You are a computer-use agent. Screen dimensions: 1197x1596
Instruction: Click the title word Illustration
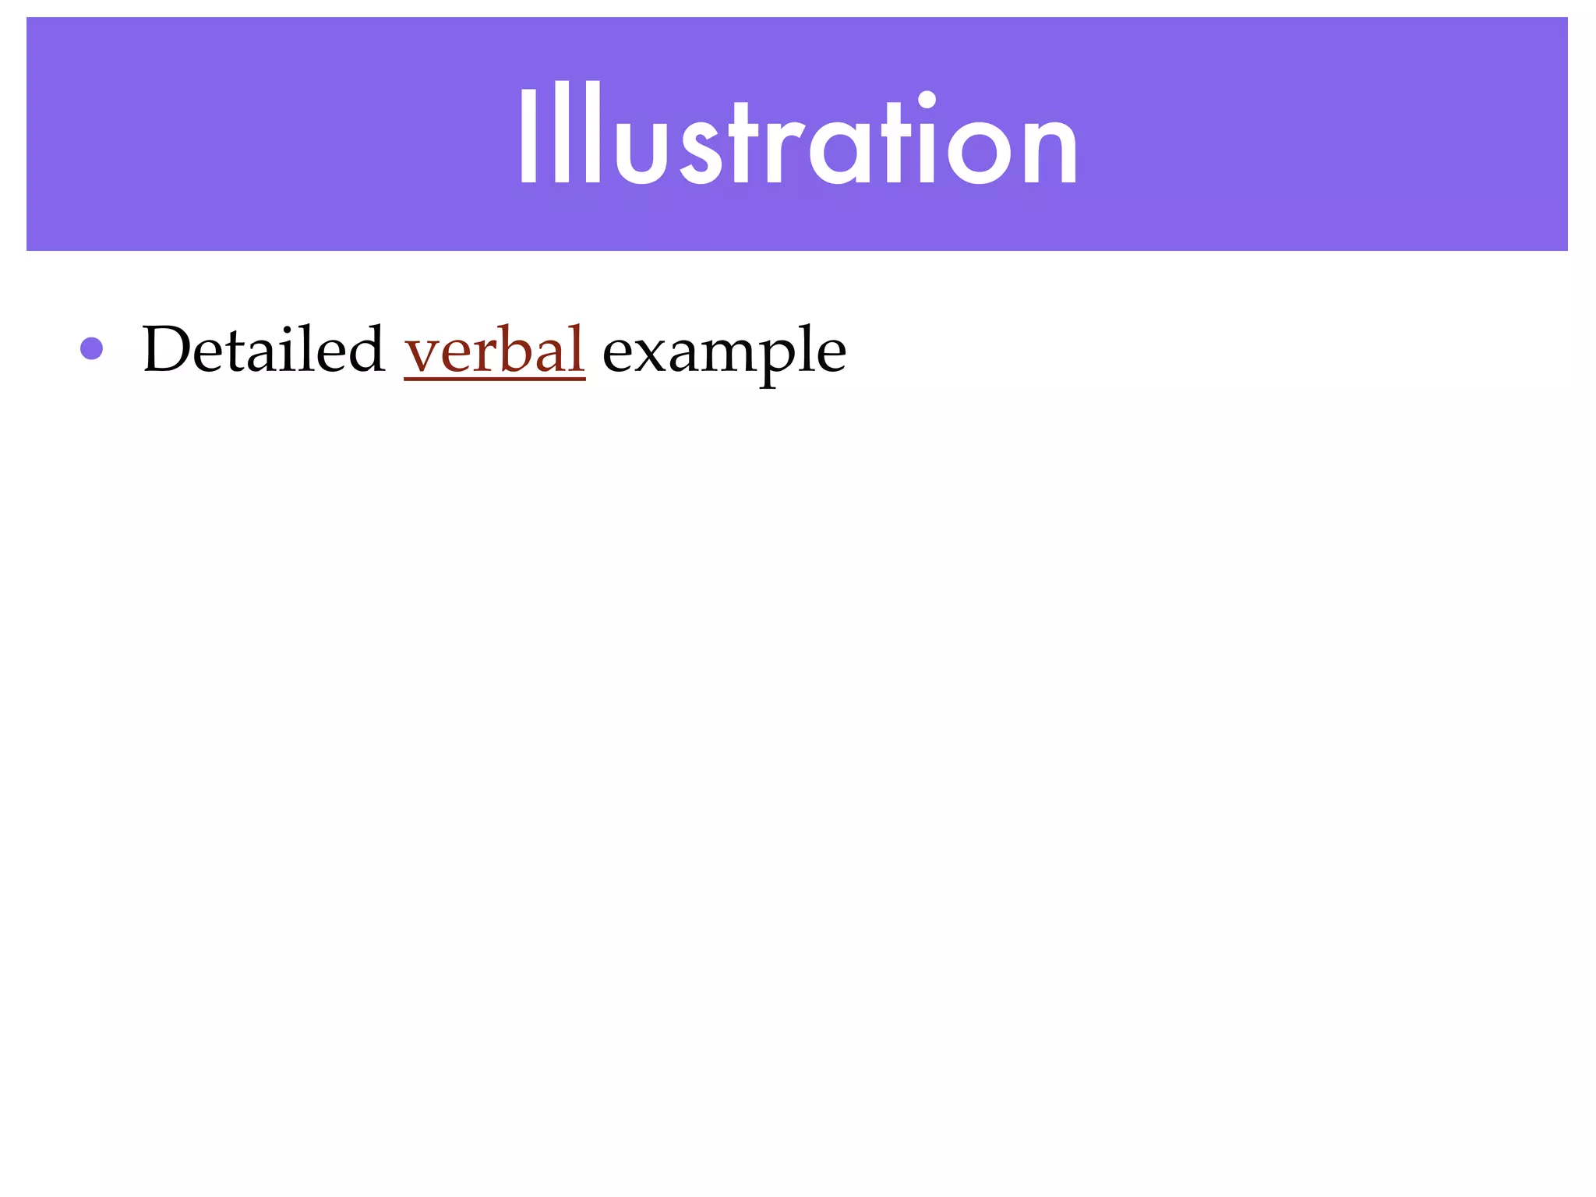pos(798,136)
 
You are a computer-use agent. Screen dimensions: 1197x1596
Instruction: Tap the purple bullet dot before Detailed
pos(92,348)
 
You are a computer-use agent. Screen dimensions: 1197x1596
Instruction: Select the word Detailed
pos(263,350)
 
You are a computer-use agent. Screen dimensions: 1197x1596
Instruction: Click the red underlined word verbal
pos(494,350)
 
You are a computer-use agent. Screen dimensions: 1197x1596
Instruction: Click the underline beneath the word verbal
pos(494,379)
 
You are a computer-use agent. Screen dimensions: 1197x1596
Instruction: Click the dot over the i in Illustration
pos(927,101)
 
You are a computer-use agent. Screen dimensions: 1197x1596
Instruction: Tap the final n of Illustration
pos(1050,148)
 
